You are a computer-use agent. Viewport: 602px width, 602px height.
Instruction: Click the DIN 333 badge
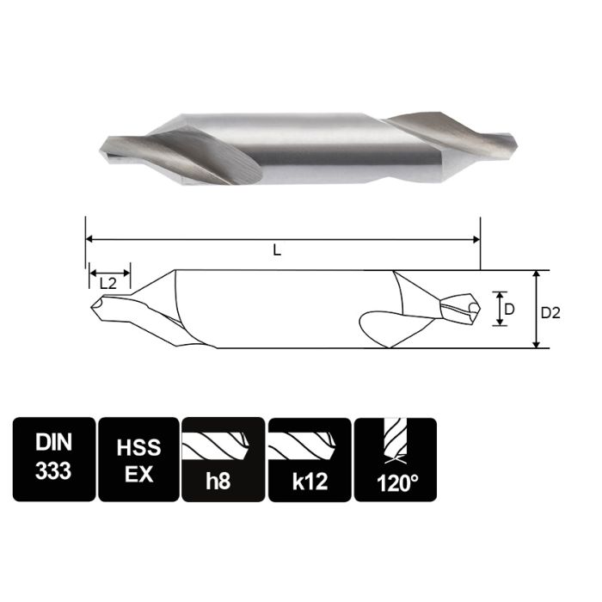coord(53,458)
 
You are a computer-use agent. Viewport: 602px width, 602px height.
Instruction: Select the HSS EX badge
coord(138,458)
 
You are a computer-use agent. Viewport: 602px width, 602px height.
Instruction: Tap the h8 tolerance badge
coord(223,458)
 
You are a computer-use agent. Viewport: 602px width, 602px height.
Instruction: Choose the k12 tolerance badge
coord(309,458)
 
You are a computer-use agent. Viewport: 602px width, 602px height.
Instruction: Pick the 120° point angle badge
coord(395,458)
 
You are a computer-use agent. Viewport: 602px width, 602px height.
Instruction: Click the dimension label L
coord(276,250)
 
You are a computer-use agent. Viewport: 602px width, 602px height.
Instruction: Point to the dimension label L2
coord(108,282)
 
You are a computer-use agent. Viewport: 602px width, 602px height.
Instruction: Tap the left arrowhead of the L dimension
coord(89,240)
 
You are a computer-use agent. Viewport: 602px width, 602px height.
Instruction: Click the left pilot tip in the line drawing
coord(93,305)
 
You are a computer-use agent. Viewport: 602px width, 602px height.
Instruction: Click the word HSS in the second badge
coord(138,445)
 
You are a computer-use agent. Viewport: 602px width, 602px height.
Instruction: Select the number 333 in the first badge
coord(53,472)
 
